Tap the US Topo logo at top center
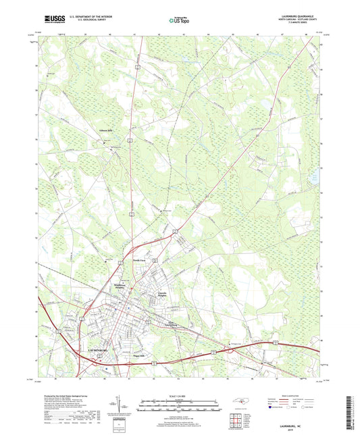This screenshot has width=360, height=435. coord(178,20)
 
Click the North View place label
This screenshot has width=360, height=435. coord(138,259)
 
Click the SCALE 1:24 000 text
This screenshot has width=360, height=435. coord(179,394)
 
